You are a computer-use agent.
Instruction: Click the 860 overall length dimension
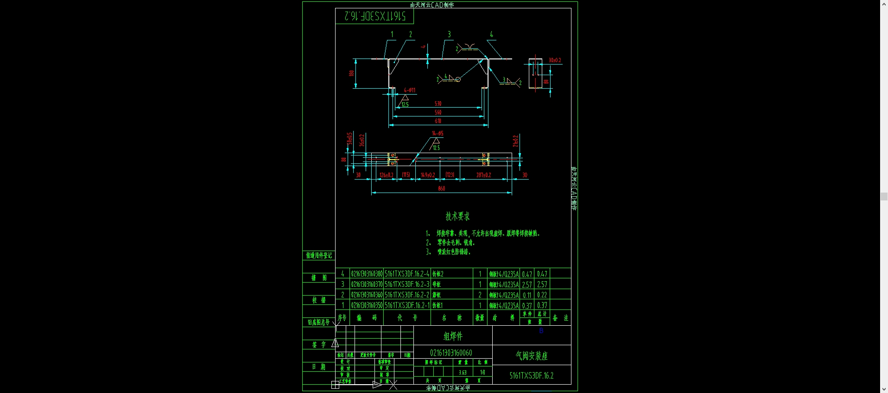(x=441, y=188)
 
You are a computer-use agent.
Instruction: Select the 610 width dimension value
(x=438, y=121)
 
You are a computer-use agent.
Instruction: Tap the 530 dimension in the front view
(x=438, y=103)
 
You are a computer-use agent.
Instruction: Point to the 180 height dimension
(x=351, y=73)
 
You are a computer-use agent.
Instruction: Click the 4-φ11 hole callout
(x=409, y=90)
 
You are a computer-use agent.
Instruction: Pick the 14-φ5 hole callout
(x=438, y=134)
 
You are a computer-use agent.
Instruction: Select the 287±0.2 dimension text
(x=483, y=175)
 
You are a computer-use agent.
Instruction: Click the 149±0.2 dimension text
(x=428, y=175)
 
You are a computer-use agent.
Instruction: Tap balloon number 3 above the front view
(x=449, y=34)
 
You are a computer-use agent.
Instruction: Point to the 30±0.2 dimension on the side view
(x=555, y=60)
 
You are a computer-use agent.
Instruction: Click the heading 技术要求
(x=457, y=216)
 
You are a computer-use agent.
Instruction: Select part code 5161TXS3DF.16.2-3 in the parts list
(x=407, y=284)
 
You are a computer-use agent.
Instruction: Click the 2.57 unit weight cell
(x=527, y=284)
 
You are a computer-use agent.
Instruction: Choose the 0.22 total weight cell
(x=542, y=295)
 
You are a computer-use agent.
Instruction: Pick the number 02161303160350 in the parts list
(x=367, y=306)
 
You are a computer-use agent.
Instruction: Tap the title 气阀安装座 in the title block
(x=532, y=356)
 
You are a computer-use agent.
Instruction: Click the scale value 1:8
(x=482, y=372)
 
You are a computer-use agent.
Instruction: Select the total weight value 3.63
(x=463, y=372)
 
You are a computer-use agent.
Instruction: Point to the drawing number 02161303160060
(x=451, y=353)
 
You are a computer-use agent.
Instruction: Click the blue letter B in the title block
(x=541, y=331)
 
